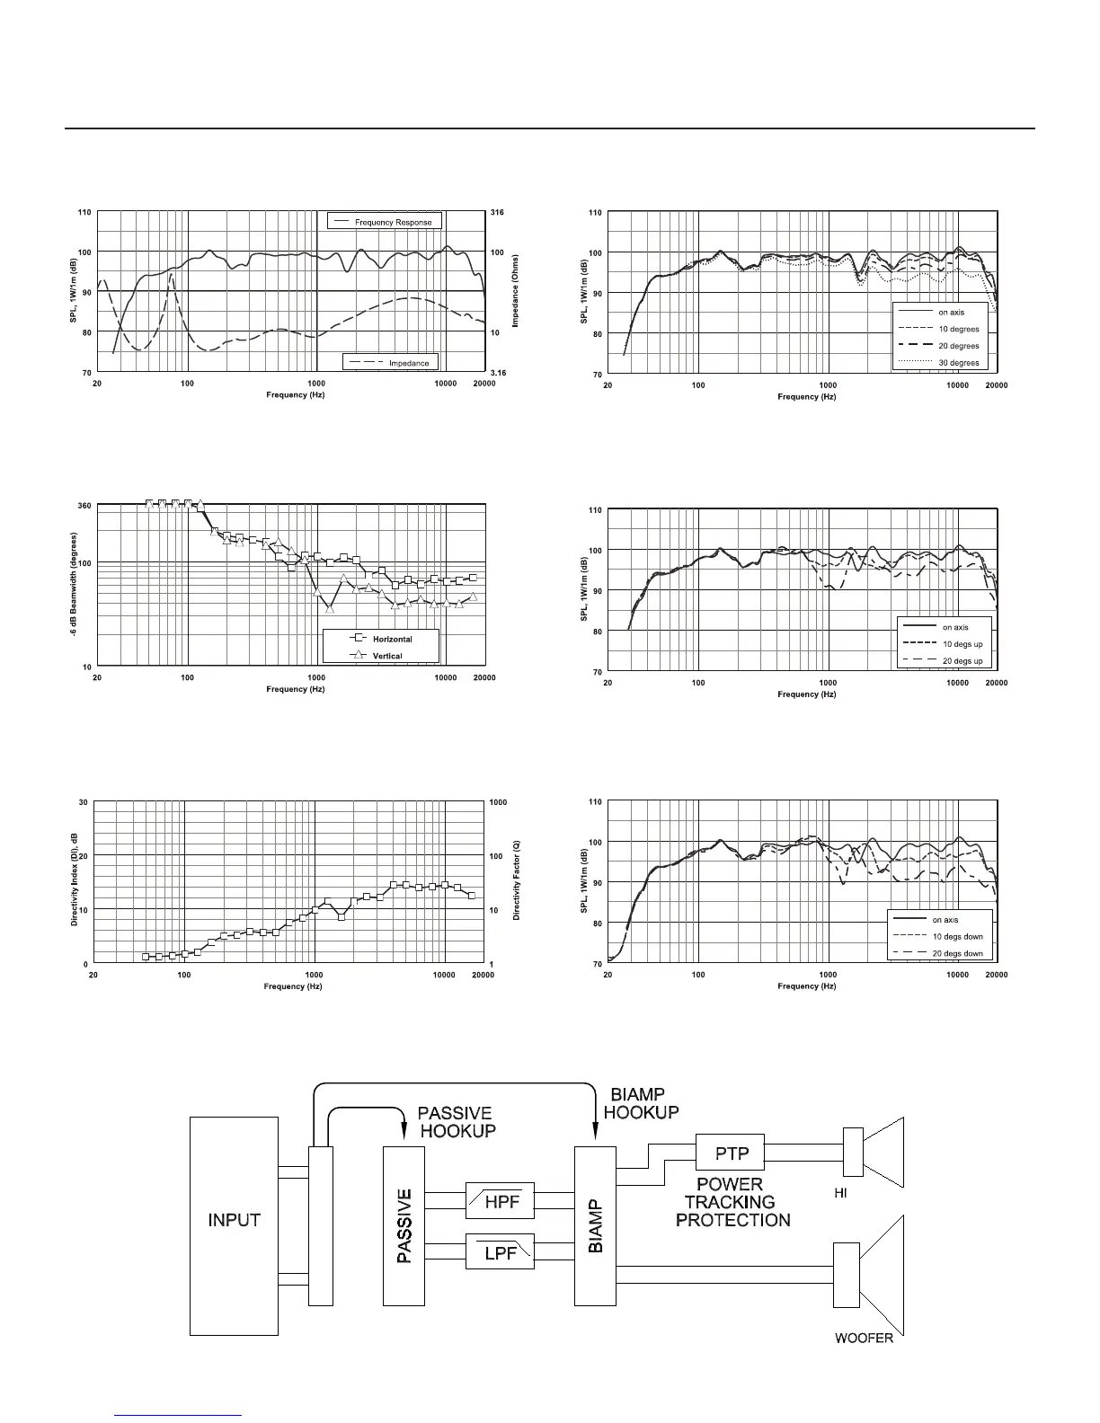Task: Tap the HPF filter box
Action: tap(501, 1202)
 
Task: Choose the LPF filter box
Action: tap(501, 1251)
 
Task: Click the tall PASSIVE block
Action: tap(404, 1225)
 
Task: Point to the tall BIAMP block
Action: tap(596, 1225)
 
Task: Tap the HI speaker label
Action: tap(841, 1191)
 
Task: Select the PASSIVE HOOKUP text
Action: tap(457, 1122)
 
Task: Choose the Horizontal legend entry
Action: tap(392, 639)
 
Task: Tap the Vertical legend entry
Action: tap(387, 656)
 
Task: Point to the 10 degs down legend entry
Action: tap(957, 936)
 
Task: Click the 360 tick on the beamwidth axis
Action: tap(84, 506)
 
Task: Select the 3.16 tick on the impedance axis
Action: tap(497, 372)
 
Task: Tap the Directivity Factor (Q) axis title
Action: tap(517, 880)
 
